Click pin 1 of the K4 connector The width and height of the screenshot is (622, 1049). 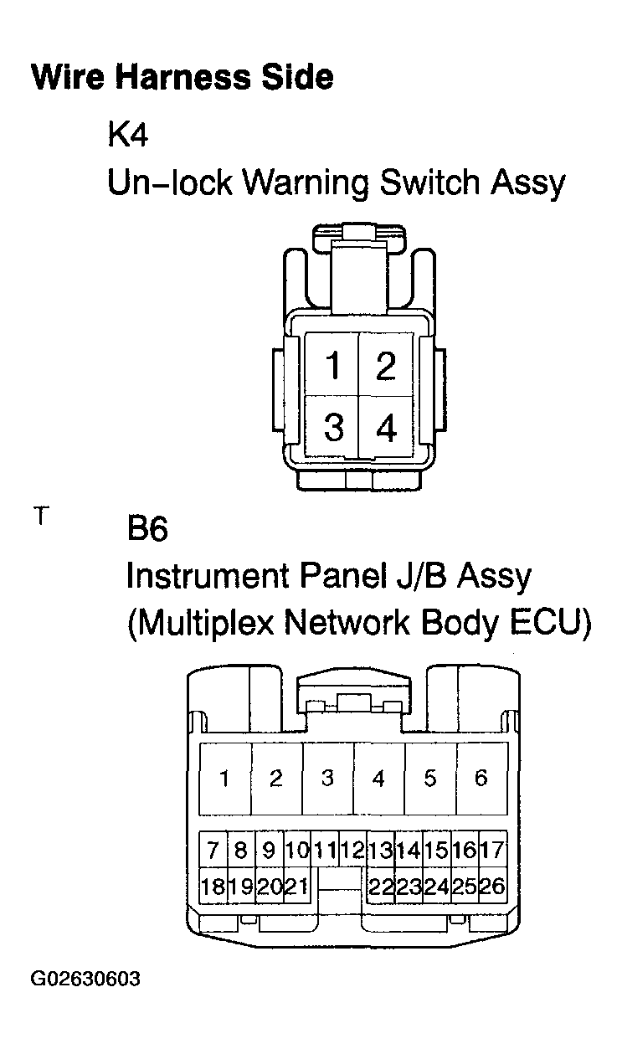pyautogui.click(x=333, y=366)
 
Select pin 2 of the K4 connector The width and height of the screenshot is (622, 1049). pyautogui.click(x=385, y=366)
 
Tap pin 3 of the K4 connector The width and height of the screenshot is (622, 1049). pyautogui.click(x=333, y=428)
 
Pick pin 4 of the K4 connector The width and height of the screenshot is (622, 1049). pyautogui.click(x=385, y=428)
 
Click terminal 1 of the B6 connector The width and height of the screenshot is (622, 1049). pyautogui.click(x=224, y=778)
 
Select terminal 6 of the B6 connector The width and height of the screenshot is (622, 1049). pyautogui.click(x=481, y=778)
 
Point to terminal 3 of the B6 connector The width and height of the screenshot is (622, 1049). pyautogui.click(x=327, y=778)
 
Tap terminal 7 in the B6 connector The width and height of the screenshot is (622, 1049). pyautogui.click(x=213, y=851)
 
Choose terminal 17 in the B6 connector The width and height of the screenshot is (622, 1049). pyautogui.click(x=493, y=851)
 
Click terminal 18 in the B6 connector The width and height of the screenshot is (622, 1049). pyautogui.click(x=213, y=886)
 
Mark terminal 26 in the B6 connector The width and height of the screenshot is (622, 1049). pyautogui.click(x=493, y=886)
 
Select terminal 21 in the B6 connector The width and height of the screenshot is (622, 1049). pyautogui.click(x=296, y=886)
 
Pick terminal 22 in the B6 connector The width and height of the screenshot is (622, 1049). pyautogui.click(x=381, y=886)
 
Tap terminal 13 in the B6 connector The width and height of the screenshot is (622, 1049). pyautogui.click(x=381, y=851)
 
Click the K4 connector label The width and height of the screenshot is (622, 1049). pyautogui.click(x=127, y=135)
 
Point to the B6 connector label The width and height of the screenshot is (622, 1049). pyautogui.click(x=147, y=529)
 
